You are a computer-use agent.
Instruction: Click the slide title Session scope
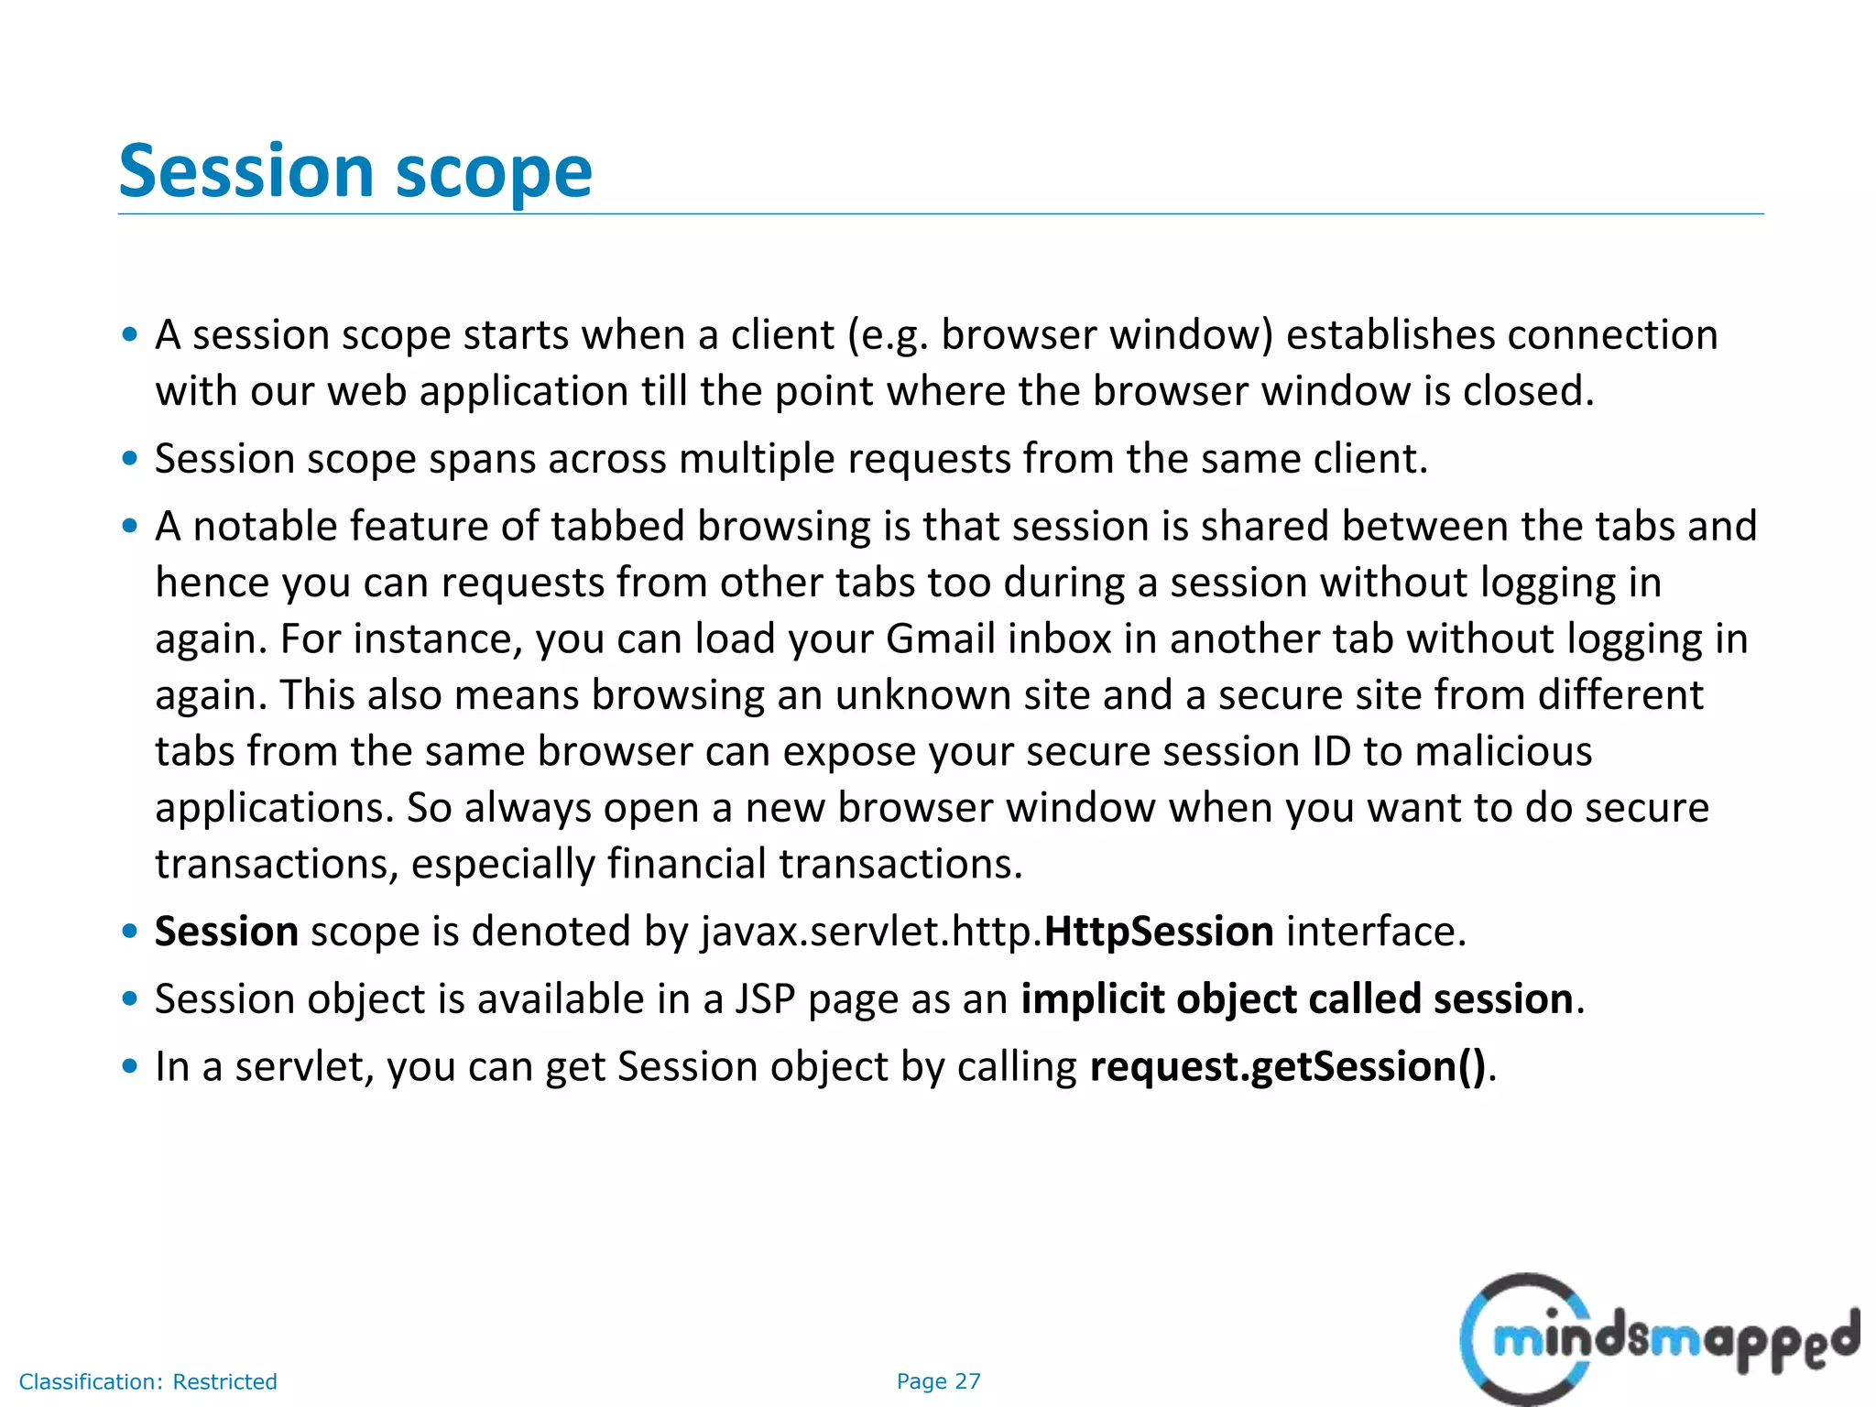[355, 171]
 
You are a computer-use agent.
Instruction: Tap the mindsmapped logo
[1658, 1339]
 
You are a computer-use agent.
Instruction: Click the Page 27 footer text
[938, 1381]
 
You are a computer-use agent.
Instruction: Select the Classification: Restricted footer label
[147, 1381]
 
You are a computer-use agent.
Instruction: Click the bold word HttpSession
[1159, 932]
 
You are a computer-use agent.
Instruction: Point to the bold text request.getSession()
[1287, 1067]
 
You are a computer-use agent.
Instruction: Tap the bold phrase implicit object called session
[1297, 999]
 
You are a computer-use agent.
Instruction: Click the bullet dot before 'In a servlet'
[130, 1067]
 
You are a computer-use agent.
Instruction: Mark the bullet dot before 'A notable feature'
[130, 527]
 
